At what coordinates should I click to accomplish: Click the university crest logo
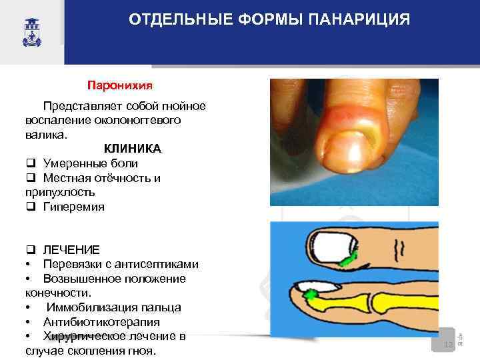31,31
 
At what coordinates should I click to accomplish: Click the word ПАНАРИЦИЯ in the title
359,19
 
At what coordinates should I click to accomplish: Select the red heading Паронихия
120,85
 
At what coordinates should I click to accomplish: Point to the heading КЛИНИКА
132,148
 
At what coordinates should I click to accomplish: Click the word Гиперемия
73,207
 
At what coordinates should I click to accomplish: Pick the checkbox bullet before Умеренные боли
31,163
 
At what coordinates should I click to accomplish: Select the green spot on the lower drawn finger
311,293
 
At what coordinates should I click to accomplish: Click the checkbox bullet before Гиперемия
31,207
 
